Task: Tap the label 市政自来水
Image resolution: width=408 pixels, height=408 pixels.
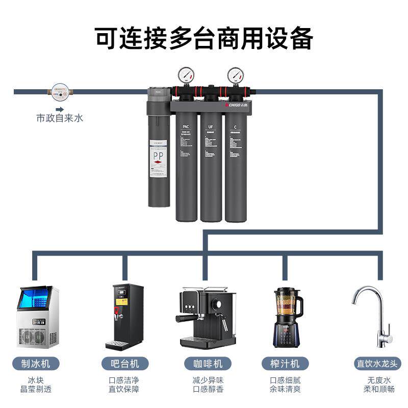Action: click(x=59, y=118)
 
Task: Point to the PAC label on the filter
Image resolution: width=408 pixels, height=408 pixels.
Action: click(x=186, y=127)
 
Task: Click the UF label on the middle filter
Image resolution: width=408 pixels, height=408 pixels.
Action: click(x=211, y=127)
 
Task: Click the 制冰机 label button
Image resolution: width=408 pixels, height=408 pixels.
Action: click(x=36, y=364)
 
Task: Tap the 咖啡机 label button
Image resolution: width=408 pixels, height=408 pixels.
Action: click(x=204, y=364)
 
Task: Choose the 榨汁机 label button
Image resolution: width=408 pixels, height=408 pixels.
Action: click(x=285, y=364)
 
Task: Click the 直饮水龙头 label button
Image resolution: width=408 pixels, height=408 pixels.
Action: click(x=378, y=364)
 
